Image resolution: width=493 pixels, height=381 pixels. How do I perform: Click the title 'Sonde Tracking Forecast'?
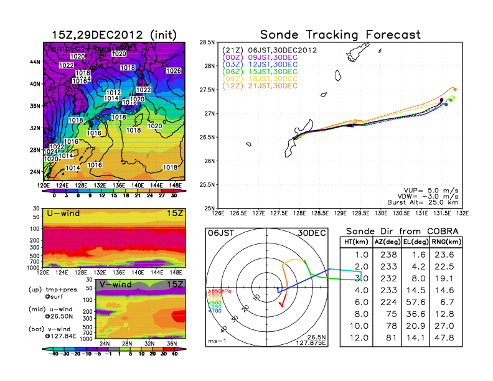(340, 34)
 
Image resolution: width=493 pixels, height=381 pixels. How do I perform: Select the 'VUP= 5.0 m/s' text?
(429, 185)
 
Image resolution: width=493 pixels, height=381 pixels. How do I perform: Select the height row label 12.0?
(360, 338)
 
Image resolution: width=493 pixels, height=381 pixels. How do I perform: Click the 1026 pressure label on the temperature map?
(174, 71)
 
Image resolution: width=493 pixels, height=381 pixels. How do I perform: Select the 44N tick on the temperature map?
(34, 62)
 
